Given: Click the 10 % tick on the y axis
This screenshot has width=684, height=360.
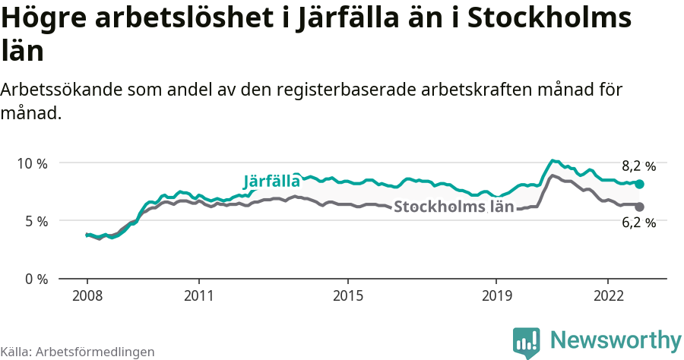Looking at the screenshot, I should [x=31, y=163].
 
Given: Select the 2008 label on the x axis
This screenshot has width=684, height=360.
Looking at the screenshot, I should [x=87, y=295].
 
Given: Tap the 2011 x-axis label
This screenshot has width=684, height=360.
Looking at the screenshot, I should [x=199, y=295].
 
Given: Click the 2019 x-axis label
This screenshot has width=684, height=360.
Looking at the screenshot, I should [x=496, y=295].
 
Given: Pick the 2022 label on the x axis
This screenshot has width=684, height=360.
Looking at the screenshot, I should [x=608, y=295].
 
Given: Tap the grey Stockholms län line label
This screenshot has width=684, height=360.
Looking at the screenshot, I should [x=454, y=207].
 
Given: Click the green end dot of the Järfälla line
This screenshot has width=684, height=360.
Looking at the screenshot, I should [x=639, y=184].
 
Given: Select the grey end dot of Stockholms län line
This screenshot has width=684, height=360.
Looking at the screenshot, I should [x=639, y=207].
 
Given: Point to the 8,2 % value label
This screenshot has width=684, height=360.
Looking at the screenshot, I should [x=638, y=166].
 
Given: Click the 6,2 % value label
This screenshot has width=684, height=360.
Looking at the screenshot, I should [x=638, y=223].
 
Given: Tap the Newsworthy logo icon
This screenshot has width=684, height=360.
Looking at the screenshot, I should [x=527, y=342].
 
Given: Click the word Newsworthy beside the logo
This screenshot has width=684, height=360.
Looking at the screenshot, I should [x=616, y=339].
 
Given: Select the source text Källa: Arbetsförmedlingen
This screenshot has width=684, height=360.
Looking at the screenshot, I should [x=78, y=352].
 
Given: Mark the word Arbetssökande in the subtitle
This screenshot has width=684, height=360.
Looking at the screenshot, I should [x=57, y=90].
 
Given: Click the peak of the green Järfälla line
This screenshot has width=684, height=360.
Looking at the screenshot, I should [x=553, y=161].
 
